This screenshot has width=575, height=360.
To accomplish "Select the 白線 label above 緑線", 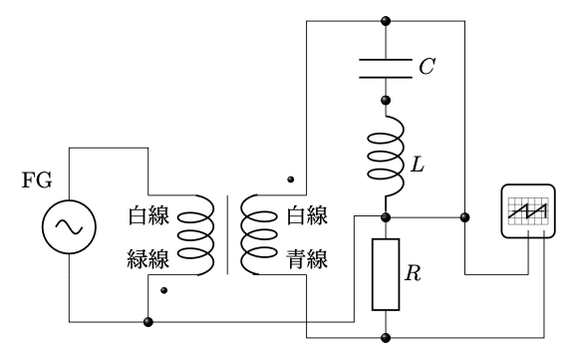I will coord(149,215).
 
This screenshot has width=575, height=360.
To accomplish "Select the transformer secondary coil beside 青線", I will coord(259,235).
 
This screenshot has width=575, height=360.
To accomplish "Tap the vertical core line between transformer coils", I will coord(228,235).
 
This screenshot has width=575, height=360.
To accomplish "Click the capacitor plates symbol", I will coord(386,68).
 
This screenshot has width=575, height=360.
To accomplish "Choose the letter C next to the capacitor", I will coord(428,68).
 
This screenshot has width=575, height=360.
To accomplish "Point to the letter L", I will coord(417,161).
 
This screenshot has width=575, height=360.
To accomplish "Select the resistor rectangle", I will coord(386,273).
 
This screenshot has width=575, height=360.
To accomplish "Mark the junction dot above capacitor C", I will coord(386,20).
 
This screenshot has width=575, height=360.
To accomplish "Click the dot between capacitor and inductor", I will coord(386,101).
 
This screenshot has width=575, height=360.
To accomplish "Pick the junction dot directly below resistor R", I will coord(386,336).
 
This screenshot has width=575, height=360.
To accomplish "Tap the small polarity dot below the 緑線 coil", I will coord(164,292).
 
